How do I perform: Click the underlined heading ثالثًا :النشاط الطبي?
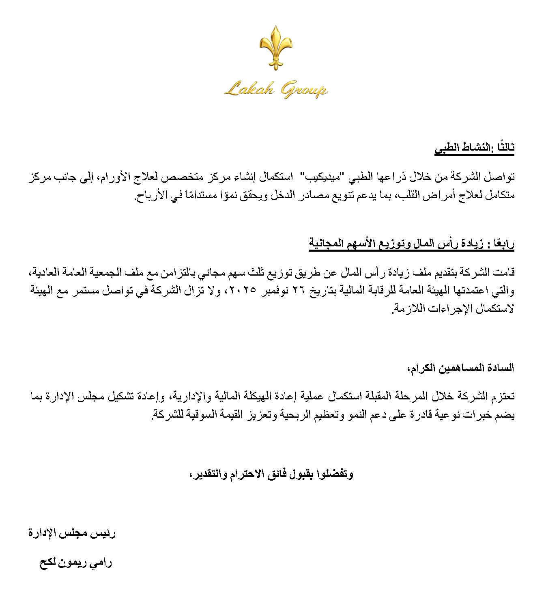tap(474, 148)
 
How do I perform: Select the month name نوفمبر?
tap(280, 291)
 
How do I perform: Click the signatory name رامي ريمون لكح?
tap(75, 563)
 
